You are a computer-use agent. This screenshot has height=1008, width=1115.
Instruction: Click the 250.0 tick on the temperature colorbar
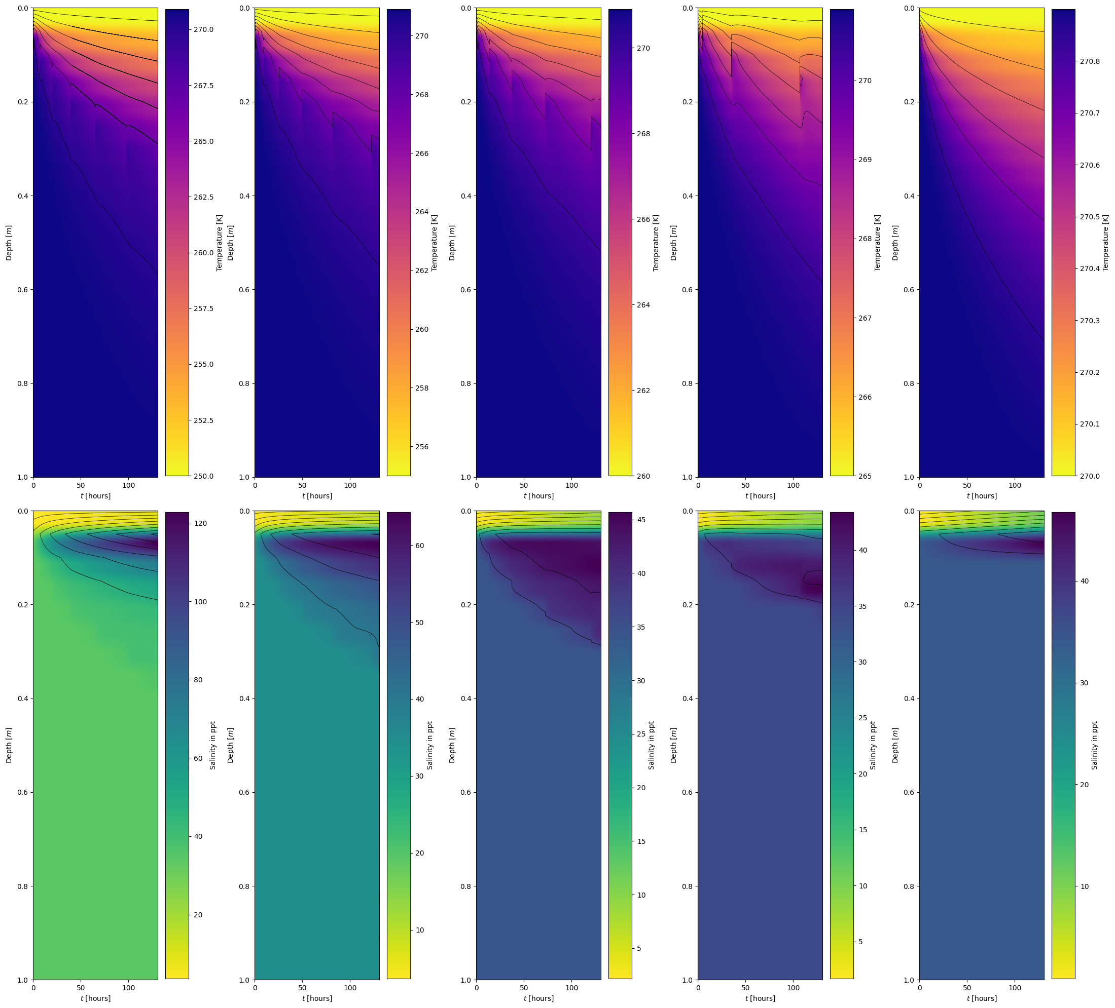(203, 476)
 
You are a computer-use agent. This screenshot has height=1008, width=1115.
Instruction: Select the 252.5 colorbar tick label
(203, 420)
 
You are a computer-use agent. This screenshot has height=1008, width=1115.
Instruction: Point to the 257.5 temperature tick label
(203, 308)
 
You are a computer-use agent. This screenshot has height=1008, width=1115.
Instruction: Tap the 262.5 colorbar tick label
(203, 197)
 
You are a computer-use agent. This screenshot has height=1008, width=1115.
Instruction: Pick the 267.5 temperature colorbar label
(203, 86)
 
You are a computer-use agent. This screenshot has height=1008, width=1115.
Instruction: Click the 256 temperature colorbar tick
(421, 447)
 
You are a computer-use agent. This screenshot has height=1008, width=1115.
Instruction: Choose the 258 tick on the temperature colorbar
(421, 389)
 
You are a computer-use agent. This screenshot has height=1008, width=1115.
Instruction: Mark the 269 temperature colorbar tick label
(865, 160)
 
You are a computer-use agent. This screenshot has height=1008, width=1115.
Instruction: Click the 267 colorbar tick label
(865, 318)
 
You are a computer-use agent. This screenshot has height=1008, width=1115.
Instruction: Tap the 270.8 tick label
(1090, 62)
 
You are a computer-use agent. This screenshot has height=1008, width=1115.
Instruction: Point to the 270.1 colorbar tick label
(1090, 424)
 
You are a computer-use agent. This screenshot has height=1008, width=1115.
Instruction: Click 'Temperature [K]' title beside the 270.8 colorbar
(1105, 243)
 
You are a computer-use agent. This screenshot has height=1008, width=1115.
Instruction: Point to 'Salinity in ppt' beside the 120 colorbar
(213, 745)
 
